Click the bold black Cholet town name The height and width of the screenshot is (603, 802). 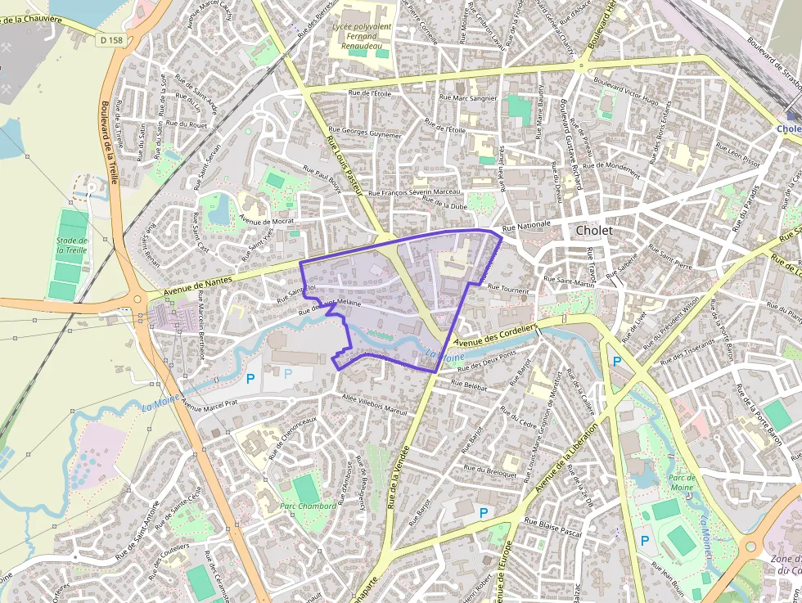pos(594,231)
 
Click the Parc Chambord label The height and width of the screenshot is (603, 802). pos(308,506)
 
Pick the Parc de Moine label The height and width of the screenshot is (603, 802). pos(681,482)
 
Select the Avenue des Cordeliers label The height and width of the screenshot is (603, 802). pos(494,334)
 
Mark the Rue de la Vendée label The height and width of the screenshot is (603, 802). pos(402,474)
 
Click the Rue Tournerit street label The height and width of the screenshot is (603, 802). pos(508,289)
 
